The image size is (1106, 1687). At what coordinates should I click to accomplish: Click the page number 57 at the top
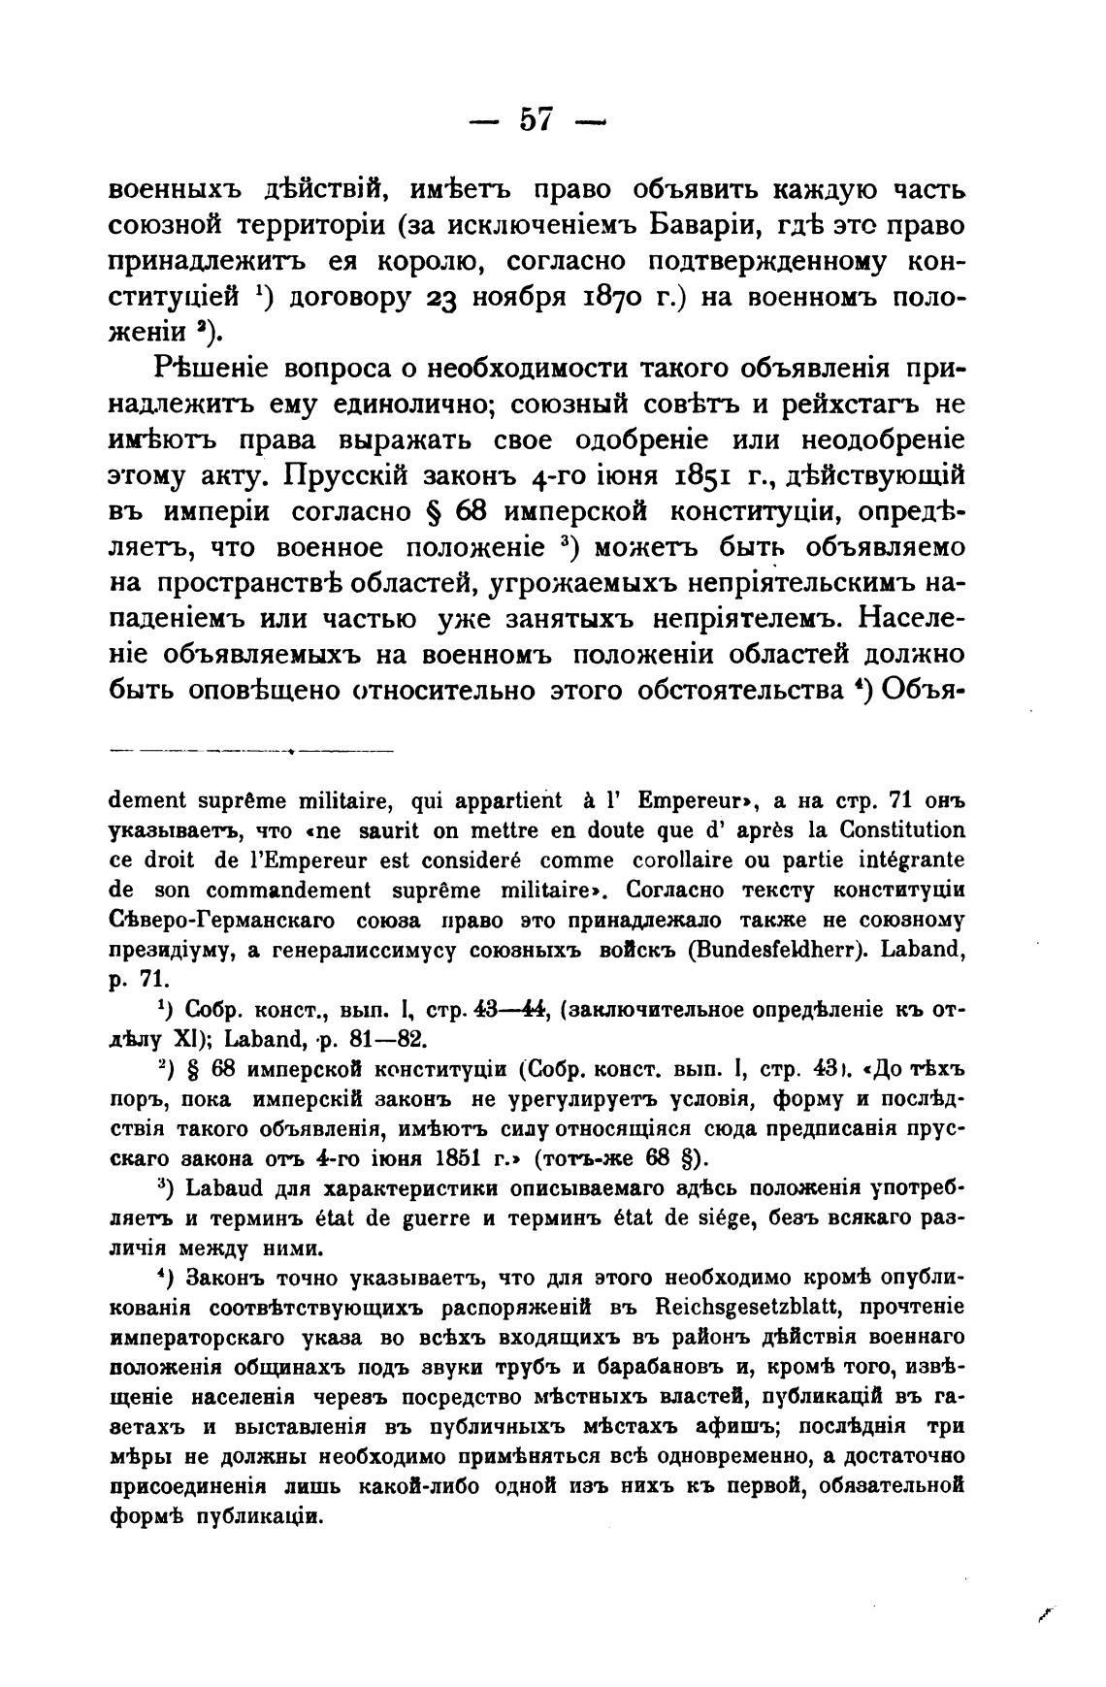(x=536, y=119)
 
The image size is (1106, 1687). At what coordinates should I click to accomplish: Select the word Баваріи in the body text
(x=700, y=225)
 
